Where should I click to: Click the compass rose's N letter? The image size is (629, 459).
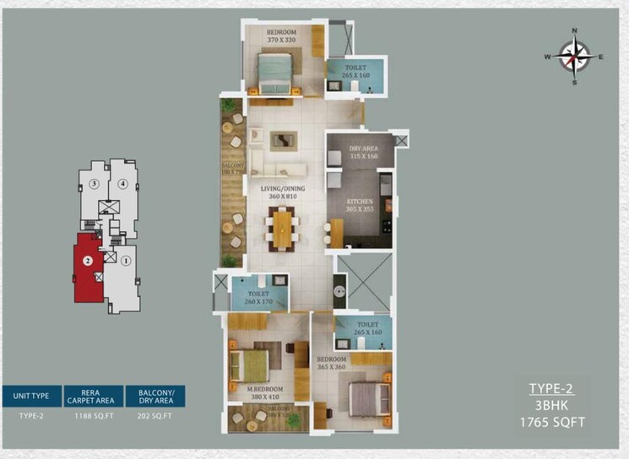[574, 31]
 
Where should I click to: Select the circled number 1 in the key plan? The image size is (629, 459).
[125, 261]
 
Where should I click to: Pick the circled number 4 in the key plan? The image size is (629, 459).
[123, 183]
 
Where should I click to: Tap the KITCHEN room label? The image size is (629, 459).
[361, 202]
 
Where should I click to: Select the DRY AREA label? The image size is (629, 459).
[361, 149]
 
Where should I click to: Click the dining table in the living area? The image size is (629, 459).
[281, 228]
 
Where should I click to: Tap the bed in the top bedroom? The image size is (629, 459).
[275, 72]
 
